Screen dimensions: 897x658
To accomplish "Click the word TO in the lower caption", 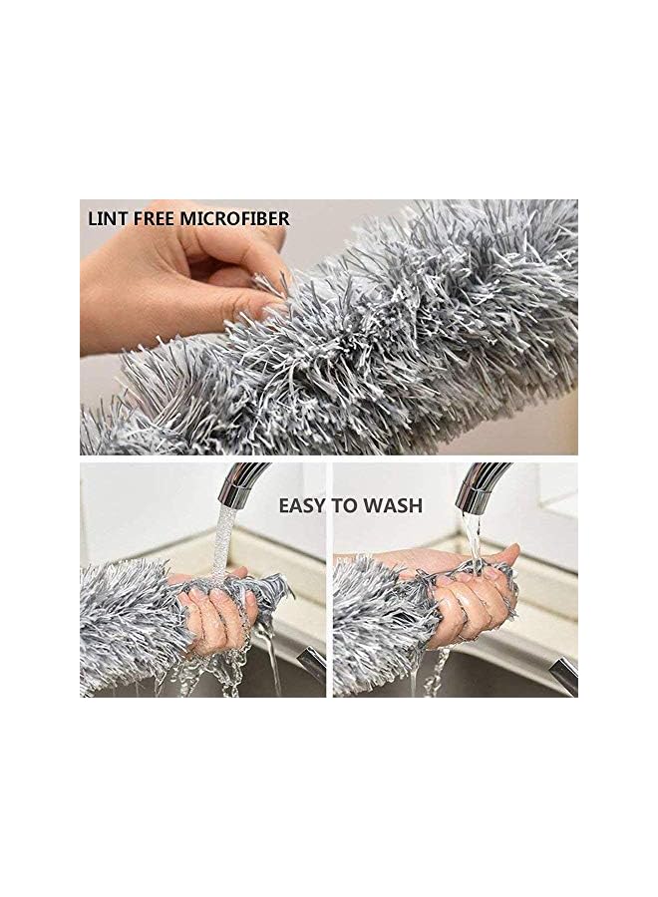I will (346, 505).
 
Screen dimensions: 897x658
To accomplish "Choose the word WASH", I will (393, 505).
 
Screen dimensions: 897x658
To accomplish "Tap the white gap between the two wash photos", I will (329, 578).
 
